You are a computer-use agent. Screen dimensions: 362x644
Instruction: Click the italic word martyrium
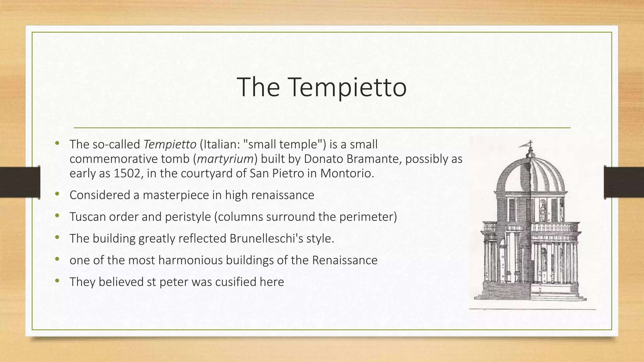pyautogui.click(x=225, y=159)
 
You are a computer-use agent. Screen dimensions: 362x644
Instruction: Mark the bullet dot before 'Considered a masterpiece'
pyautogui.click(x=57, y=195)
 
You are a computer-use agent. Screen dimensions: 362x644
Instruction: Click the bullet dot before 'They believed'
pyautogui.click(x=57, y=281)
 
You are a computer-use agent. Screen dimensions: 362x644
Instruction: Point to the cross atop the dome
pyautogui.click(x=531, y=143)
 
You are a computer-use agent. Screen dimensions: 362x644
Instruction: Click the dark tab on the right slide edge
pyautogui.click(x=624, y=182)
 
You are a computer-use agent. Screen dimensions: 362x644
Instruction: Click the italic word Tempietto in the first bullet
pyautogui.click(x=170, y=145)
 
